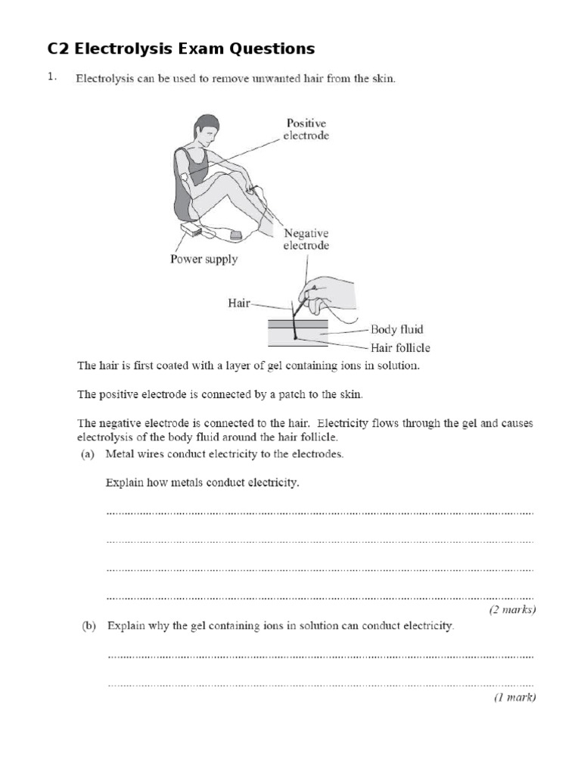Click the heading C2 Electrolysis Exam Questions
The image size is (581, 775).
pyautogui.click(x=181, y=49)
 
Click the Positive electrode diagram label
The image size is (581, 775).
pyautogui.click(x=306, y=129)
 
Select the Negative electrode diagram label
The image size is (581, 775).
pyautogui.click(x=306, y=239)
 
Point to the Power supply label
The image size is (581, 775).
pyautogui.click(x=204, y=260)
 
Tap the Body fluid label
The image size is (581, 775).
pyautogui.click(x=396, y=330)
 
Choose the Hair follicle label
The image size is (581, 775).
pyautogui.click(x=400, y=348)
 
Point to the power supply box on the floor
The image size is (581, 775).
pyautogui.click(x=191, y=230)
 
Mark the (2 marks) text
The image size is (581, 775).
pyautogui.click(x=512, y=609)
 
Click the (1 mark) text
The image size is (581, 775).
pyautogui.click(x=514, y=698)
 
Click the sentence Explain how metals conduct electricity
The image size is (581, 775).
pyautogui.click(x=202, y=483)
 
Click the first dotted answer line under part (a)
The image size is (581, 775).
pyautogui.click(x=320, y=513)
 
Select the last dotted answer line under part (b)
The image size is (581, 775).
pyautogui.click(x=320, y=683)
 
